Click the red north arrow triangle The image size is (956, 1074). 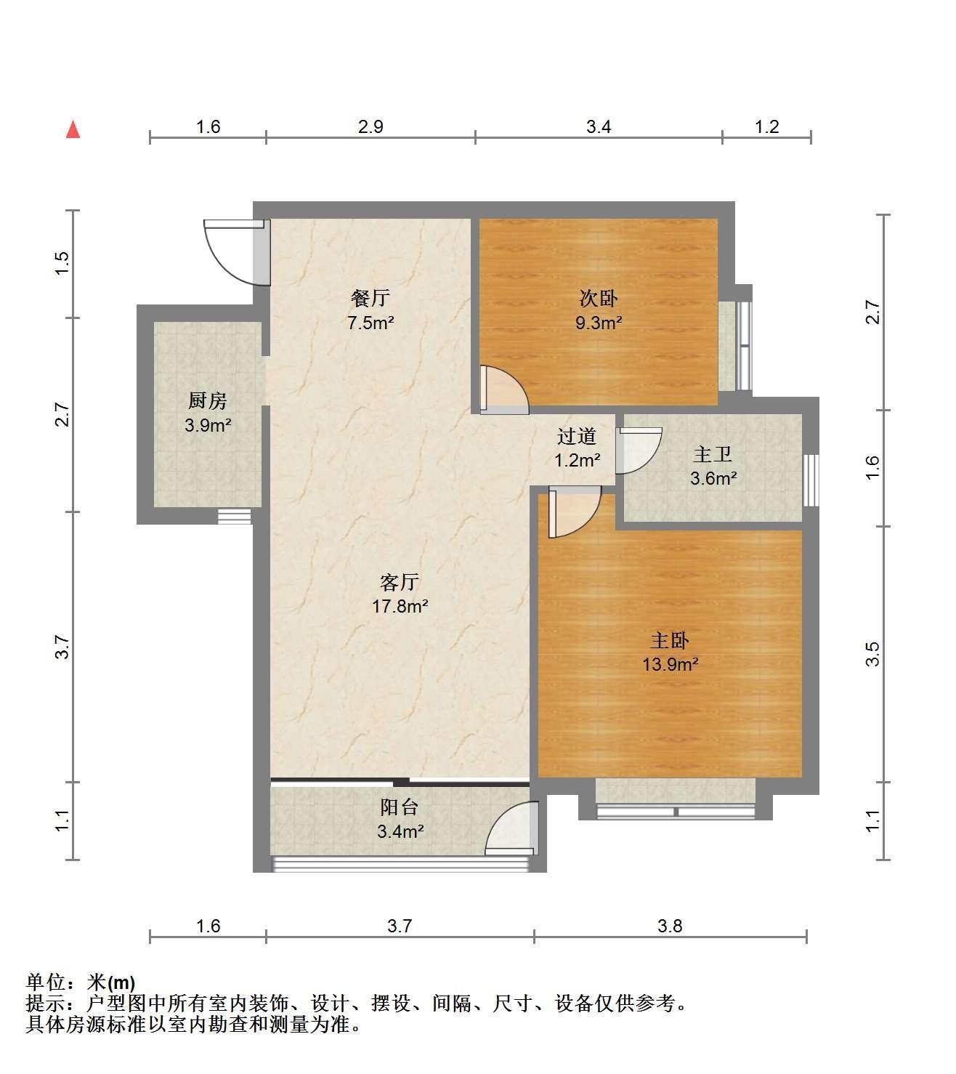click(x=73, y=130)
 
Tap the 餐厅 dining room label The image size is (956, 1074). click(x=370, y=297)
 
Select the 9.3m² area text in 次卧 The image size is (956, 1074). click(x=599, y=323)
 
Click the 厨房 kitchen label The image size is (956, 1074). click(x=207, y=400)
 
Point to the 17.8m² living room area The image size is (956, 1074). click(x=400, y=606)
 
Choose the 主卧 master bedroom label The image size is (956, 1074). click(x=670, y=640)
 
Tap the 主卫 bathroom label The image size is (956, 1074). click(x=713, y=454)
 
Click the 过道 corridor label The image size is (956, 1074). click(x=577, y=436)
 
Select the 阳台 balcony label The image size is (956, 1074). click(x=400, y=807)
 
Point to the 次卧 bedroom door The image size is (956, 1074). click(x=504, y=389)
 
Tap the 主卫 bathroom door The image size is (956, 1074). click(x=639, y=450)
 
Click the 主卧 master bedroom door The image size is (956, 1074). click(x=575, y=512)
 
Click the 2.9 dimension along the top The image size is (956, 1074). click(x=370, y=126)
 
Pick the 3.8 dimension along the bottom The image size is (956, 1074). click(x=670, y=926)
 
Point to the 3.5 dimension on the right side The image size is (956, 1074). click(x=872, y=653)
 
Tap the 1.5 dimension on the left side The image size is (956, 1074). click(x=62, y=264)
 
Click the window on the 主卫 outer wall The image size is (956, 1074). click(x=811, y=480)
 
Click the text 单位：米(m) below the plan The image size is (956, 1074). click(x=81, y=982)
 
